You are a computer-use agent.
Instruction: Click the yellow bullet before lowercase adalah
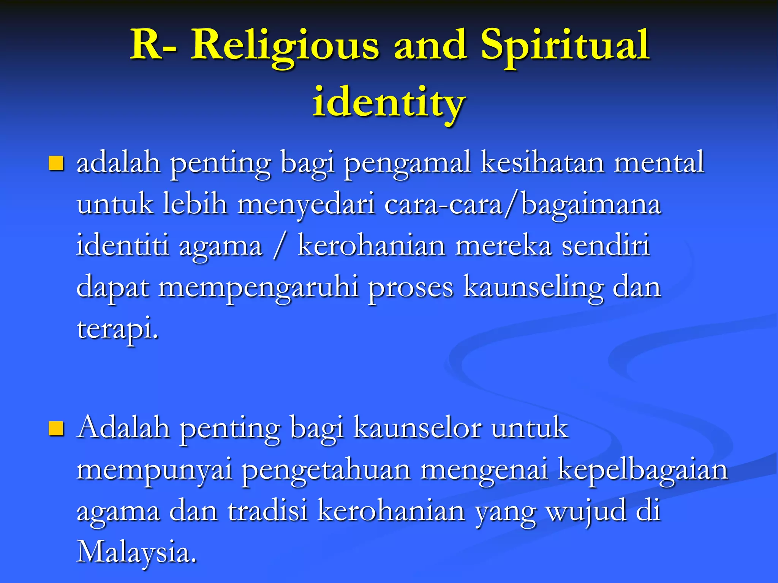coord(56,164)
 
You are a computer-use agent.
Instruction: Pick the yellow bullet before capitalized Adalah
coord(56,429)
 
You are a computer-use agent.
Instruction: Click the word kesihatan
coord(542,162)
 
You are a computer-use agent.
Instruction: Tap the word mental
coord(659,162)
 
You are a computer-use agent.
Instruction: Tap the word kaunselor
coord(417,428)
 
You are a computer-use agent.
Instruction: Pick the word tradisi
coord(268,511)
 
